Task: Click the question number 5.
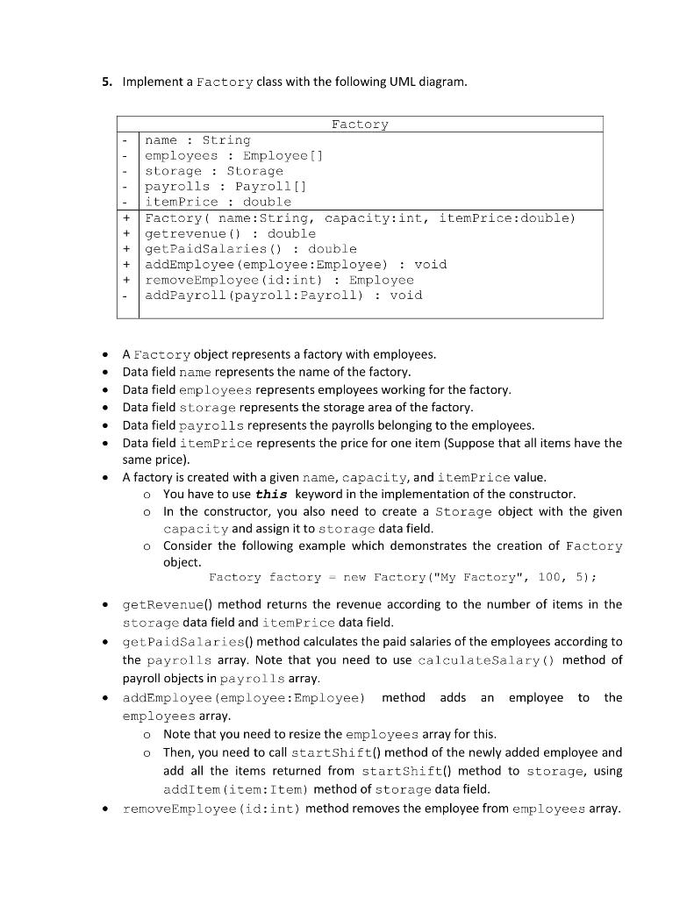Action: (x=105, y=82)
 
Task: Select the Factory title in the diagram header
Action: (x=360, y=125)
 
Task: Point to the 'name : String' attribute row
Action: (x=197, y=140)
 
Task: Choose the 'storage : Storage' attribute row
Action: (x=213, y=171)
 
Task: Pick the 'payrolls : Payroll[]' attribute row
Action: (x=225, y=186)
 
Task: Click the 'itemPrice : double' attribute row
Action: (x=218, y=202)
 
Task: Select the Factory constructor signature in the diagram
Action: (x=360, y=217)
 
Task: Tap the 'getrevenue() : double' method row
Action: (x=230, y=233)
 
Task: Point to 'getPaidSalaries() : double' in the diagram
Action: (x=250, y=249)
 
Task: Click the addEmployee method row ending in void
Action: (x=296, y=264)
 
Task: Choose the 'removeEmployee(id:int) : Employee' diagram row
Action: (x=279, y=280)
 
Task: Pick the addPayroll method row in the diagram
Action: (x=283, y=295)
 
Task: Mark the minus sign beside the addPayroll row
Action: (x=128, y=295)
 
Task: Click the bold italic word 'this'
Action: (x=272, y=494)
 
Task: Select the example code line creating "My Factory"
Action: (x=403, y=577)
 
